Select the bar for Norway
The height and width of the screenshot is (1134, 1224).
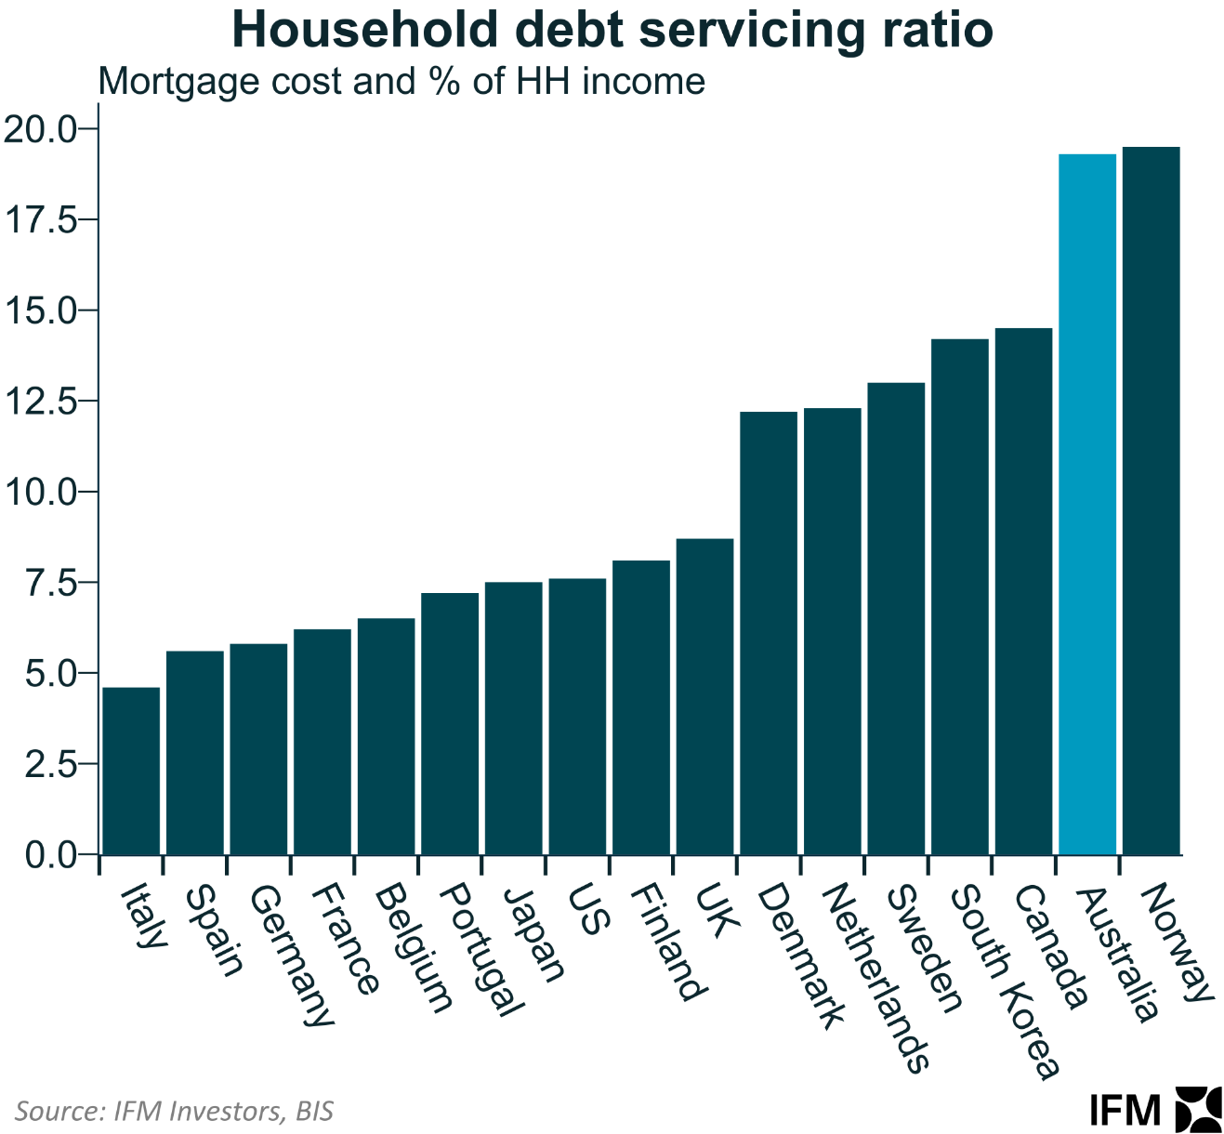pos(1151,501)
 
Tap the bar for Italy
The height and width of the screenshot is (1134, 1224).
pos(131,771)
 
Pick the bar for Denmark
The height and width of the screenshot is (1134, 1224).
pos(769,633)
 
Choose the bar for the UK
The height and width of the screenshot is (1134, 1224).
pos(704,696)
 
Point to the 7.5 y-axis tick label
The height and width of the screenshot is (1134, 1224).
pos(49,582)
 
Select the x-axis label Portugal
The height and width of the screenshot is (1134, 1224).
pos(479,949)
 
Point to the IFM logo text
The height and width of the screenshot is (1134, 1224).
pos(1125,1110)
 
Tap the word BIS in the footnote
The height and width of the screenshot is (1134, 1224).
pos(314,1111)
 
